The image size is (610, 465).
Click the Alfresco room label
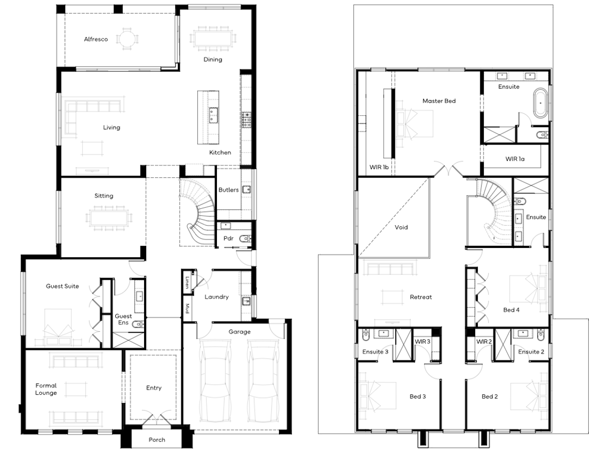pos(96,39)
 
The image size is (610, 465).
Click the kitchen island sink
pos(213,116)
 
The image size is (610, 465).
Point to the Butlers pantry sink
pos(246,190)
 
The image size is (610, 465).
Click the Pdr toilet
pos(245,239)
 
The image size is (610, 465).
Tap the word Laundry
pos(217,297)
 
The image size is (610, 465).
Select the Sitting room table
pos(109,218)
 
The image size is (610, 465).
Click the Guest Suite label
pos(62,286)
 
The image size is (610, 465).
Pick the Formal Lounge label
pos(46,389)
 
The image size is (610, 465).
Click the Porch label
pos(157,440)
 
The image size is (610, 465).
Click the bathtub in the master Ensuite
pos(540,103)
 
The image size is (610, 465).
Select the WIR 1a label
pos(514,159)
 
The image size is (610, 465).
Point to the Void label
pos(401,227)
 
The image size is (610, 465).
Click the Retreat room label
pos(421,297)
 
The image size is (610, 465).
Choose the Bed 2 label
pos(490,396)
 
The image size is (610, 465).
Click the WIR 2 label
pos(484,342)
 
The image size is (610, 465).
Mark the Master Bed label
pos(439,101)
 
